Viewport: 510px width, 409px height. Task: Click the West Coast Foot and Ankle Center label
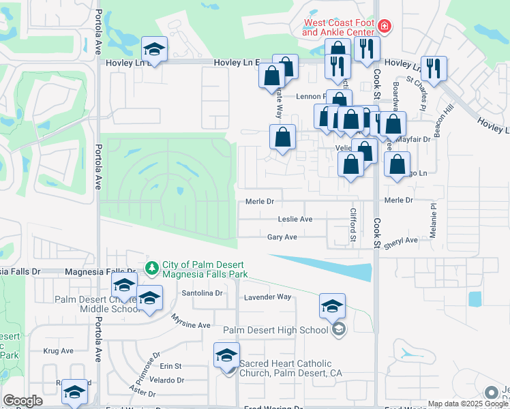[338, 27]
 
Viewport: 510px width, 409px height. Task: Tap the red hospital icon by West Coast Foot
[385, 27]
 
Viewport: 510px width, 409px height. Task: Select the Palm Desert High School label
[275, 331]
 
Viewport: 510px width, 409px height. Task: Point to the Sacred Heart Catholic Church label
[289, 368]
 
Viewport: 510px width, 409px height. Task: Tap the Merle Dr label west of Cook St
[259, 201]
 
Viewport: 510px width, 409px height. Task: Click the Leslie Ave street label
[295, 219]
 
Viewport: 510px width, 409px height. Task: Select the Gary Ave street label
[282, 237]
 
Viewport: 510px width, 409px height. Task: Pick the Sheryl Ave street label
[400, 241]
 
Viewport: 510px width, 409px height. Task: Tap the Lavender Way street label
[268, 297]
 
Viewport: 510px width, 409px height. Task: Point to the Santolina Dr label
[202, 293]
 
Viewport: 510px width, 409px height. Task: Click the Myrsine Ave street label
[190, 324]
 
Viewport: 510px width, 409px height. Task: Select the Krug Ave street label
[58, 350]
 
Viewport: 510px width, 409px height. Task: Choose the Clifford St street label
[353, 225]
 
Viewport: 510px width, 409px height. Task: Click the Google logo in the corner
[22, 401]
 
